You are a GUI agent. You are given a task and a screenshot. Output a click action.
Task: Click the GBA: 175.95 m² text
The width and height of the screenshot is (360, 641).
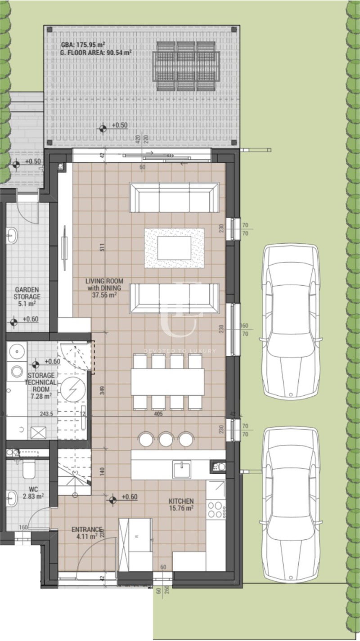click(84, 45)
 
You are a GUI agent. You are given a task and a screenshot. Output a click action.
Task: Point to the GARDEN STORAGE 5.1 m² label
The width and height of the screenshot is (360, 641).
click(27, 297)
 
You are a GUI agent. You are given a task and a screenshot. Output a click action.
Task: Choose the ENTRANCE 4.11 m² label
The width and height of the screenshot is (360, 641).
click(87, 533)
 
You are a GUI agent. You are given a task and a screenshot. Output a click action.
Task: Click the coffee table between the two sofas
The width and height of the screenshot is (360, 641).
click(174, 248)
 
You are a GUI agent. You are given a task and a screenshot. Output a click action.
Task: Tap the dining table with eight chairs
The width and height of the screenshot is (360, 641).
click(167, 381)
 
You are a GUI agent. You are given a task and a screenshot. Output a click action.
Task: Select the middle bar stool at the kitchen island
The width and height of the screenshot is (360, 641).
click(166, 439)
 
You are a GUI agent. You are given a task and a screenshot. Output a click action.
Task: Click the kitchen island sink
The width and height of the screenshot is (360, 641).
click(182, 469)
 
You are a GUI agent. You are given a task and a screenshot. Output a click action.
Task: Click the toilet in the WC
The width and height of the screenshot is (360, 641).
click(28, 470)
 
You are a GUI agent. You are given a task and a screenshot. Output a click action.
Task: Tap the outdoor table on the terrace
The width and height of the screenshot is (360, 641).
click(186, 66)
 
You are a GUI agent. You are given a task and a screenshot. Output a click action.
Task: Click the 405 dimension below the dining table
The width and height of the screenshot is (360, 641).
click(157, 414)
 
